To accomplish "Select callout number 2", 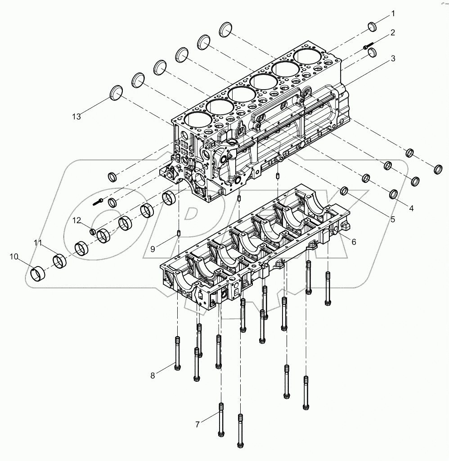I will tap(392, 32).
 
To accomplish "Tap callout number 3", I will tap(392, 59).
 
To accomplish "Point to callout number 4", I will tap(410, 208).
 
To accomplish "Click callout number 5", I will tap(392, 220).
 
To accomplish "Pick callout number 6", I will tap(354, 242).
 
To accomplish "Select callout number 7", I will tap(197, 424).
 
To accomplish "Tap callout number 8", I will tap(153, 375).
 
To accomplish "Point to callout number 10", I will tap(14, 257).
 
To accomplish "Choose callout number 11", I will tap(38, 243).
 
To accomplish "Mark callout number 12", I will tap(77, 220).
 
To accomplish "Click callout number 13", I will tap(76, 117).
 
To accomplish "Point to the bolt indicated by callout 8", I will tap(177, 353).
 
